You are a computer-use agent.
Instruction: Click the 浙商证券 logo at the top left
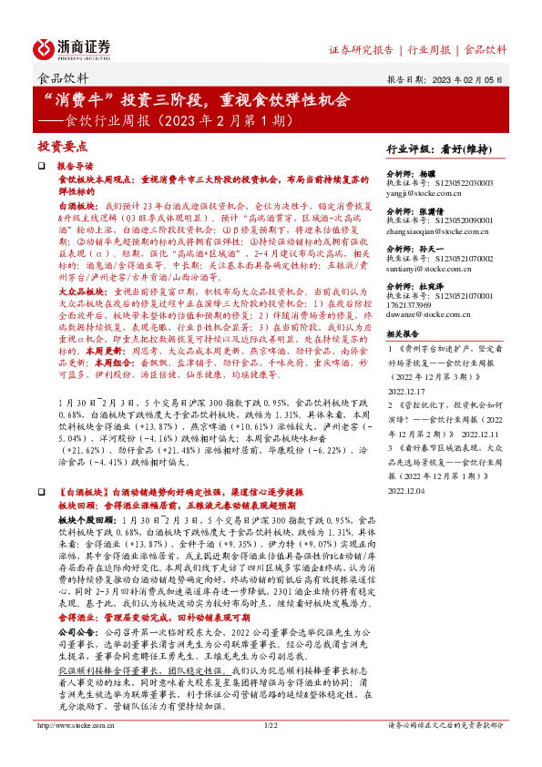(x=73, y=47)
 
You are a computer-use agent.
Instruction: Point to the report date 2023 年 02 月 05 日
(x=465, y=78)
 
